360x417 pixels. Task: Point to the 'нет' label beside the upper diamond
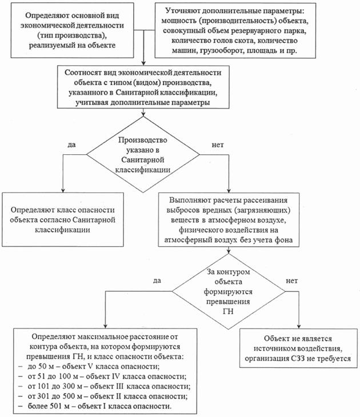(x=218, y=145)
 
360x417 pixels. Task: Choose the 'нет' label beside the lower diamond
(x=292, y=282)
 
